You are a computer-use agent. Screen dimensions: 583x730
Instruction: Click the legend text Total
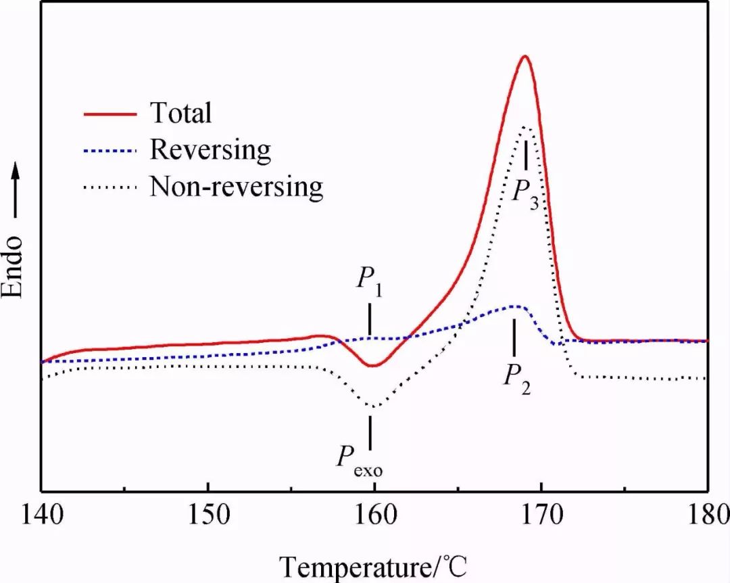(180, 113)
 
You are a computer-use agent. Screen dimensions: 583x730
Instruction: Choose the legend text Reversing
(210, 149)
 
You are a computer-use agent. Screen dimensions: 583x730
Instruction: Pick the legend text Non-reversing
(237, 185)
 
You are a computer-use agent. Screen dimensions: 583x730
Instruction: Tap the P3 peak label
(525, 193)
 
